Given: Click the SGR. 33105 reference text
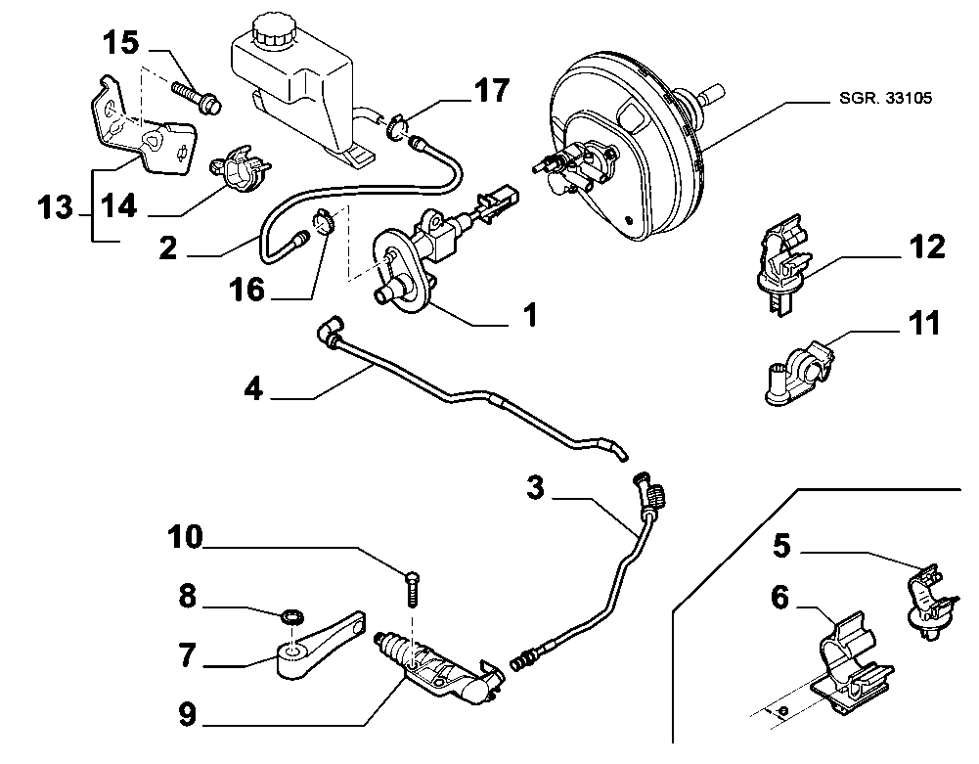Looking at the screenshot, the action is tap(885, 98).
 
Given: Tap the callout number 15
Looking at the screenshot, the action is tap(121, 43).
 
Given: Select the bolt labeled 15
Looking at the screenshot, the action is tap(196, 97).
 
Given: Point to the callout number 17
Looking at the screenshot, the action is tap(492, 90).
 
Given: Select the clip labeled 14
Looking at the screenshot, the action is tap(240, 167).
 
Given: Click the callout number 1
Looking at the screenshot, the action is tap(530, 315).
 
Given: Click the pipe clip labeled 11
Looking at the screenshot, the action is tap(800, 373).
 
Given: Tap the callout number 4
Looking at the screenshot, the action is tap(253, 388).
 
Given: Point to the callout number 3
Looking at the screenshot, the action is tap(535, 487).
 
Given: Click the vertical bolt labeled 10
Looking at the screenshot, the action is tap(413, 589).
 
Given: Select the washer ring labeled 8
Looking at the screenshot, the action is tap(292, 617).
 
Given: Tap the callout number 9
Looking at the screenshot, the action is tap(188, 714).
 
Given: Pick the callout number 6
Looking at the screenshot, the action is tap(780, 598).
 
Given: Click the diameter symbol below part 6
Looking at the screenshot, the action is tap(784, 710).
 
